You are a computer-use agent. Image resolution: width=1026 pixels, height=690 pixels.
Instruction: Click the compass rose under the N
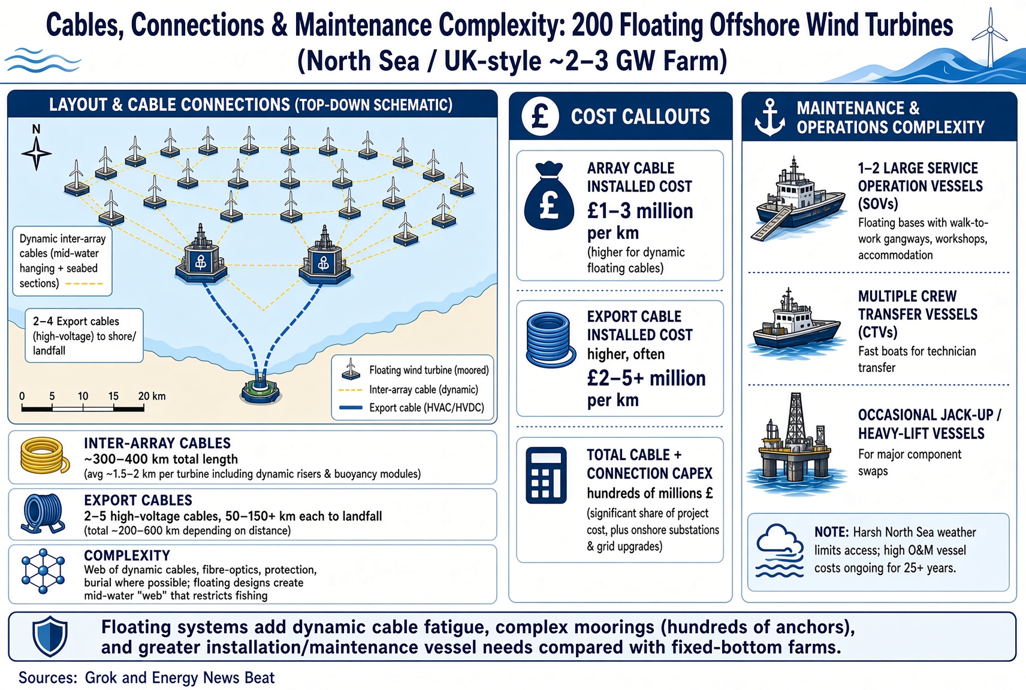coord(37,153)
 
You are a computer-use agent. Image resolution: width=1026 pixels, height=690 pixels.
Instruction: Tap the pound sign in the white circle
coord(541,116)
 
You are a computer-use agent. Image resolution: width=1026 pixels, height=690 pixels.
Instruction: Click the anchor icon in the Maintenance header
coord(769,117)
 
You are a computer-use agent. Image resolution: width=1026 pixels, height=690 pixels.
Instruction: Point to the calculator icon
coord(546,475)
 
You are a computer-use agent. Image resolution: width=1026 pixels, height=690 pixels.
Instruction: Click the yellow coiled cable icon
coord(44,456)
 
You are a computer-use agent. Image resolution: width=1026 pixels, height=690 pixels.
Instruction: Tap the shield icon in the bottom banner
coord(50,637)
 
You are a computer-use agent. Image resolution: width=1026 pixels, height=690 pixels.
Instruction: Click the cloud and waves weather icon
coord(779,551)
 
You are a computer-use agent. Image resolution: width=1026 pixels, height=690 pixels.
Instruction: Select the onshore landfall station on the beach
coord(260,390)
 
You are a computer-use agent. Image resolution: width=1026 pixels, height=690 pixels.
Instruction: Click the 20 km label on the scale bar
coord(152,396)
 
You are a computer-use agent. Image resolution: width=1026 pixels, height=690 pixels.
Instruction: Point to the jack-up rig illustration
coord(795,443)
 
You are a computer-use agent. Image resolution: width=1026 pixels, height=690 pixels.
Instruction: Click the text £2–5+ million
coord(646,379)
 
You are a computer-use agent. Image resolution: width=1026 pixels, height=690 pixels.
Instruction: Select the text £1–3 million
coord(640,211)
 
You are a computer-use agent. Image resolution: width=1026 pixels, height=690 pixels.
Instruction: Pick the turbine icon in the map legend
coord(351,369)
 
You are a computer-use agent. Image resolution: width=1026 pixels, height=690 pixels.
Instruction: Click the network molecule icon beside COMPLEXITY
coord(43,571)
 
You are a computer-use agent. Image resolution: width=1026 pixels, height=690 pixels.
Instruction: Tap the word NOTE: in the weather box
coord(831,532)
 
